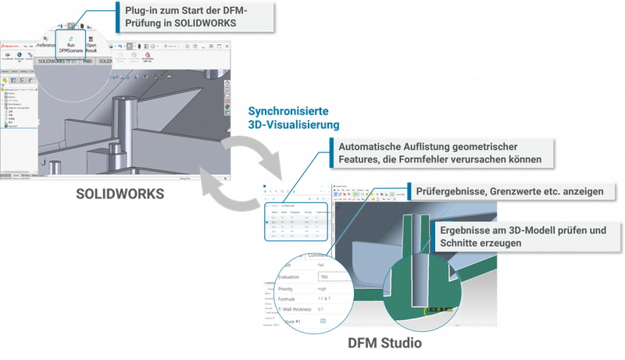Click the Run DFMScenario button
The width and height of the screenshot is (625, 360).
coord(71,43)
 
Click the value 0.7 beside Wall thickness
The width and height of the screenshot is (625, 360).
coord(321,309)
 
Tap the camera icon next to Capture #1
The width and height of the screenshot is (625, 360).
coord(322,321)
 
